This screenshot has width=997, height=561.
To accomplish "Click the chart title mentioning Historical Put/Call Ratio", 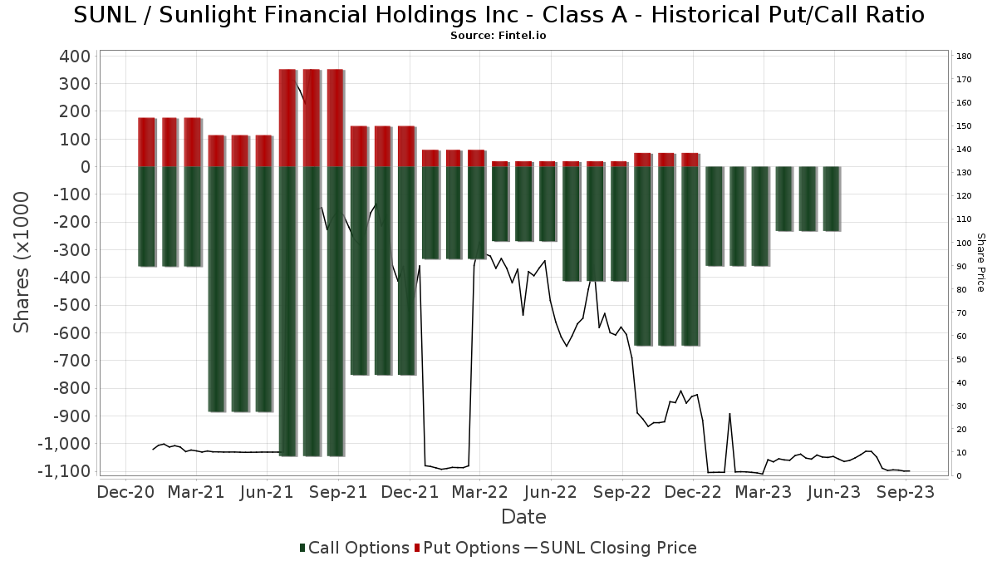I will click(498, 15).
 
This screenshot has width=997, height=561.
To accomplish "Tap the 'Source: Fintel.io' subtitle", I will click(498, 36).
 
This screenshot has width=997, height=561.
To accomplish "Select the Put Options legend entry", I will click(471, 548).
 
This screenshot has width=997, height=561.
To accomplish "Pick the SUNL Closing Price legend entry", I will click(611, 548).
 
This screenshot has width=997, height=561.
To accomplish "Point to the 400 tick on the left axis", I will click(76, 57).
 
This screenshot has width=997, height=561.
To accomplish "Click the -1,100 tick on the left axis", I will click(64, 471).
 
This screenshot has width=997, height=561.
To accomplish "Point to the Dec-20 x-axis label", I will click(125, 492).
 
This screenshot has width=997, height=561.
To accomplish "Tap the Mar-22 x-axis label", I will click(481, 492).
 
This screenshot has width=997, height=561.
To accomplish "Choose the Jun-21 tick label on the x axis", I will click(268, 492).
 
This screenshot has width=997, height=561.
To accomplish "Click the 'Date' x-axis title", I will click(523, 517).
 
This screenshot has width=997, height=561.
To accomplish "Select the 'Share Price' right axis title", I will click(980, 262).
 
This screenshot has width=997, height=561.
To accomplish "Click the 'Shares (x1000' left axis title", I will click(22, 262).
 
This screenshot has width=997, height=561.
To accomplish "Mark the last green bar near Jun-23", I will click(831, 199).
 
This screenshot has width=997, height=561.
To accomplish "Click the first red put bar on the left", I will click(146, 142).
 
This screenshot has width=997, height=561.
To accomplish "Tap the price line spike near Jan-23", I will click(729, 415).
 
